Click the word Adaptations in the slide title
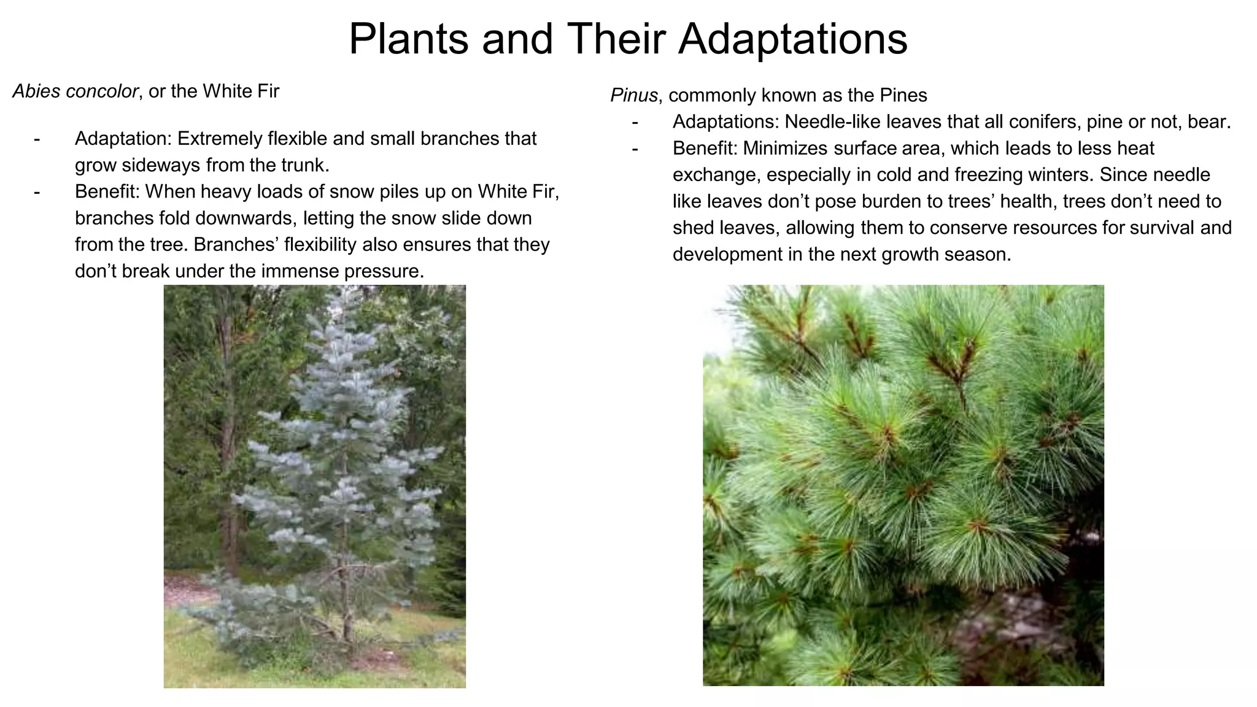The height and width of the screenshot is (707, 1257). (x=792, y=39)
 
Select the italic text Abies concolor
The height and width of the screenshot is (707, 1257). (x=75, y=91)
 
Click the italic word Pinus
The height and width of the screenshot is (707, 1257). (x=633, y=96)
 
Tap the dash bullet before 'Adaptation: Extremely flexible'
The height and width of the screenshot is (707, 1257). (x=37, y=139)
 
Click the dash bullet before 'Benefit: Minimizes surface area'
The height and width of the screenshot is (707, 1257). (x=635, y=149)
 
